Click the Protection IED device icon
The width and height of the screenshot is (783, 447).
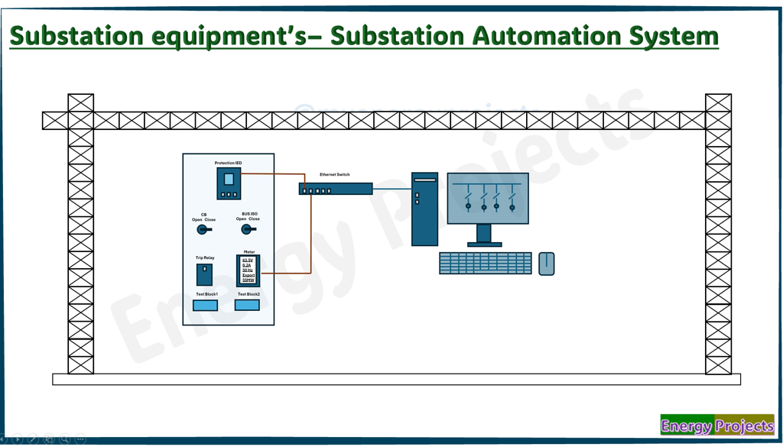coord(229,183)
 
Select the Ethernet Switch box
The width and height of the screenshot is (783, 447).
coord(336,188)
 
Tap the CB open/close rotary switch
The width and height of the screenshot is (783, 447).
coord(203,229)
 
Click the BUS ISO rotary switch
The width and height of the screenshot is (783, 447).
coord(248,228)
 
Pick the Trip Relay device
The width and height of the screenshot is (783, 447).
coord(205,274)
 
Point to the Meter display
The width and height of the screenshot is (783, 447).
coord(249,270)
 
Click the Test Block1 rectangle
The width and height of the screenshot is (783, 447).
coord(205,306)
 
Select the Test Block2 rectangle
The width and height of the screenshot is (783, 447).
coord(247,305)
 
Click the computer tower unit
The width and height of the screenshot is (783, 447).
coord(424,209)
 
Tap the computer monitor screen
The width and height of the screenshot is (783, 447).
coord(488,198)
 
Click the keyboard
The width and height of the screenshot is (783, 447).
coord(486,264)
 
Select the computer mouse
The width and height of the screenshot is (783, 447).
coord(546,264)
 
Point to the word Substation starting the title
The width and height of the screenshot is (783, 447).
coord(77,36)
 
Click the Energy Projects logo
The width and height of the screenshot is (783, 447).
coord(717,426)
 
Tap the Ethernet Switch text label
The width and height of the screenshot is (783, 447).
coord(335,175)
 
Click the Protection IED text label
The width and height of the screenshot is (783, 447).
coord(228,163)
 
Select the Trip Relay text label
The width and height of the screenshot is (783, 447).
coord(205,258)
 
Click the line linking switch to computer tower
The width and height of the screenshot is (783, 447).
coord(392,188)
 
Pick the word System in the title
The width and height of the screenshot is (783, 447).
coord(674,36)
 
